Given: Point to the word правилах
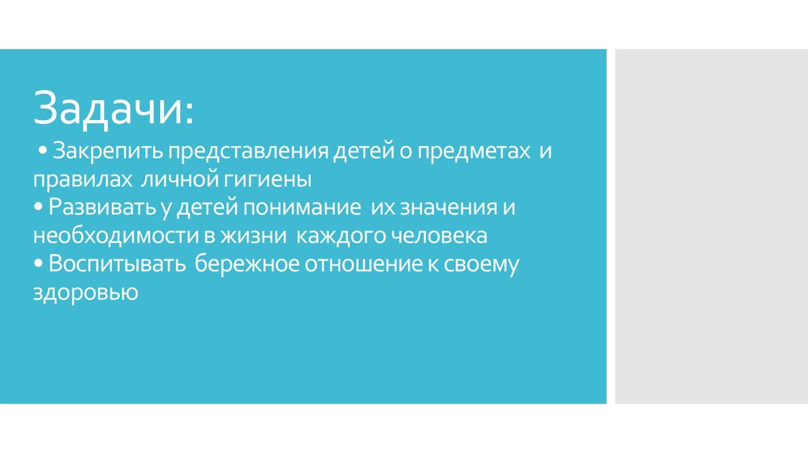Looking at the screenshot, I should tap(82, 179).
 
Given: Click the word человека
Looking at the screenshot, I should tap(441, 236).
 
